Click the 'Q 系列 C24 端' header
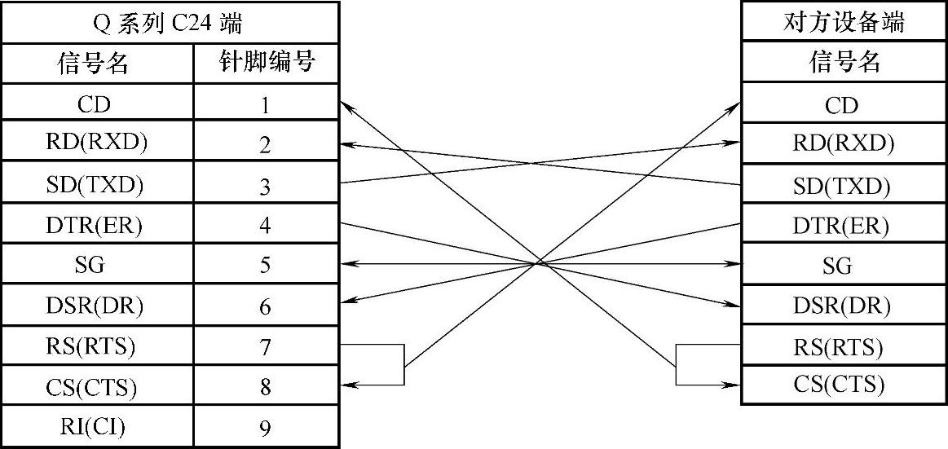[169, 23]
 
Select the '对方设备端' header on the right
[843, 22]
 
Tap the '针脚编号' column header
[266, 62]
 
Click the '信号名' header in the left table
[96, 63]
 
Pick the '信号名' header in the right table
[843, 62]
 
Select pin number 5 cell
[266, 265]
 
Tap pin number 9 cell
[266, 427]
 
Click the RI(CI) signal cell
[96, 425]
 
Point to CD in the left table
[96, 104]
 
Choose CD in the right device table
[843, 104]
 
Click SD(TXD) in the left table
[96, 184]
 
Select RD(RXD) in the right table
[843, 144]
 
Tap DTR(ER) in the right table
[843, 225]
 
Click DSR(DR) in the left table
[96, 306]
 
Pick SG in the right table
[843, 265]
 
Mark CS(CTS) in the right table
[843, 384]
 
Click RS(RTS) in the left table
[96, 346]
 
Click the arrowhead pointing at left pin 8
[346, 385]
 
